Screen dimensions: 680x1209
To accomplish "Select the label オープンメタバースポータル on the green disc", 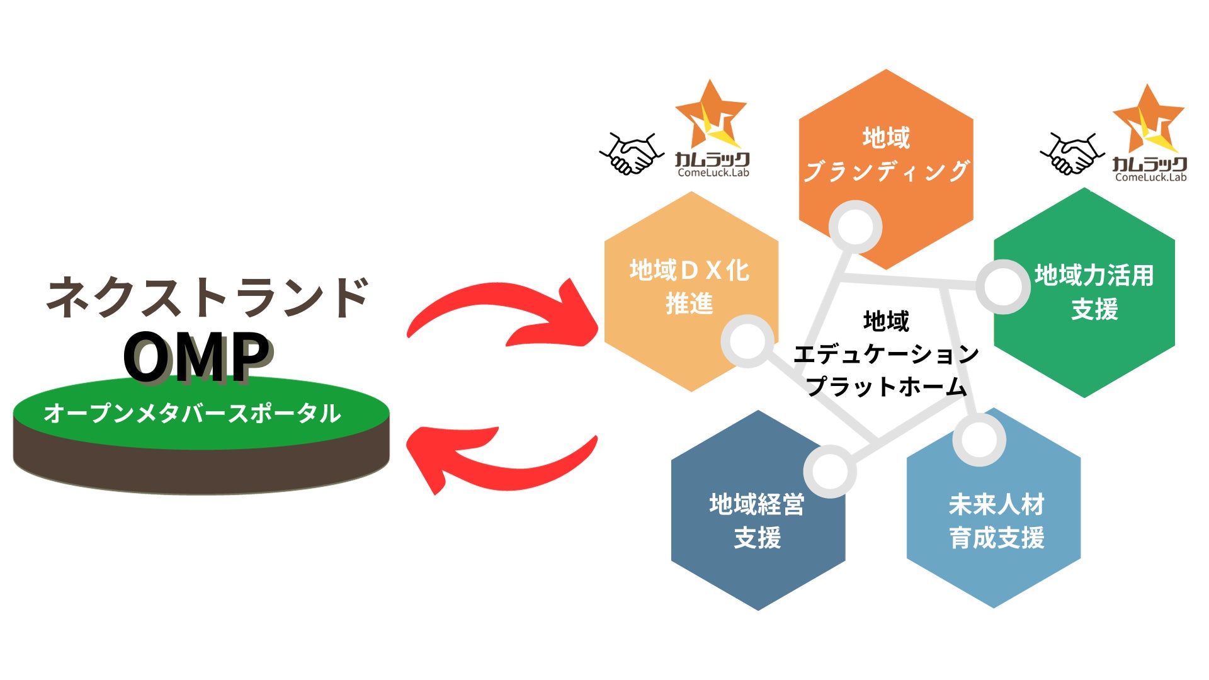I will pos(192,413).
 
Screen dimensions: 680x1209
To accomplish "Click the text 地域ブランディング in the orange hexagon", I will pos(886,154).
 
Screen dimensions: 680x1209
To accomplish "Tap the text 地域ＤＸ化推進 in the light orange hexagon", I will pos(690,287).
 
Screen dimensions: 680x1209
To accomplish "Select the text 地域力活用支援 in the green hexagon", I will pos(1094,292).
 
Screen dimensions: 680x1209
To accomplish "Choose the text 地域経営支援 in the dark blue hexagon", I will pos(757,521).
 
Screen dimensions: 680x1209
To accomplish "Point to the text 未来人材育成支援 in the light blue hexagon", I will pos(996,521).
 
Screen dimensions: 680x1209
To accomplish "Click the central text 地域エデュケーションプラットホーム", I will pos(886,354).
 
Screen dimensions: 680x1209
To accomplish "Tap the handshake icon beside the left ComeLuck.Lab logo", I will pos(632,153).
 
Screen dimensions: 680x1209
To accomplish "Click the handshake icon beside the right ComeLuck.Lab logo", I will pos(1072,153).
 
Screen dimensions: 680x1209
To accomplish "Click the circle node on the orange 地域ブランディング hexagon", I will pos(855,227).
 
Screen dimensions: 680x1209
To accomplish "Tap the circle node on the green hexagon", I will pos(1002,286).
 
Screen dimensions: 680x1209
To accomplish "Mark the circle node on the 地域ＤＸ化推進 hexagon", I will pos(747,341).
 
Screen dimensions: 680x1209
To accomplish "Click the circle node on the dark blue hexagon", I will pos(830,471).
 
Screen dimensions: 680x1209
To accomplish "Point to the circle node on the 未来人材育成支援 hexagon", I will pos(979,439).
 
